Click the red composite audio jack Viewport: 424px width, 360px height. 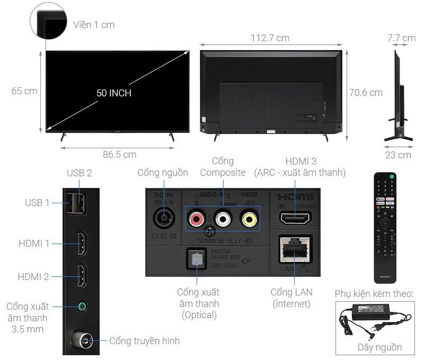point(197,217)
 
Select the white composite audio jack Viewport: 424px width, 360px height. point(223,217)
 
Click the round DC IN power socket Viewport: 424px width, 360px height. point(163,217)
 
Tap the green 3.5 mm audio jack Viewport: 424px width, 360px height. point(82,307)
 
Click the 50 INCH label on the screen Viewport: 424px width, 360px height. point(114,93)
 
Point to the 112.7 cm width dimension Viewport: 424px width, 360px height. point(270,38)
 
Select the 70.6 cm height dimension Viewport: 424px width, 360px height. point(366,93)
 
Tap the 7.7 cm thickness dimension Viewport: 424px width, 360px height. point(401,38)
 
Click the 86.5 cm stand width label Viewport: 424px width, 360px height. point(119,155)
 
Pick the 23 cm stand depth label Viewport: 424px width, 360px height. point(398,155)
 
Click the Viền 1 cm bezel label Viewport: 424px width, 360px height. point(94,25)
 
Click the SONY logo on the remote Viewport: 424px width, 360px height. point(385,277)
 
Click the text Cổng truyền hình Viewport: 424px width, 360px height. point(144,341)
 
